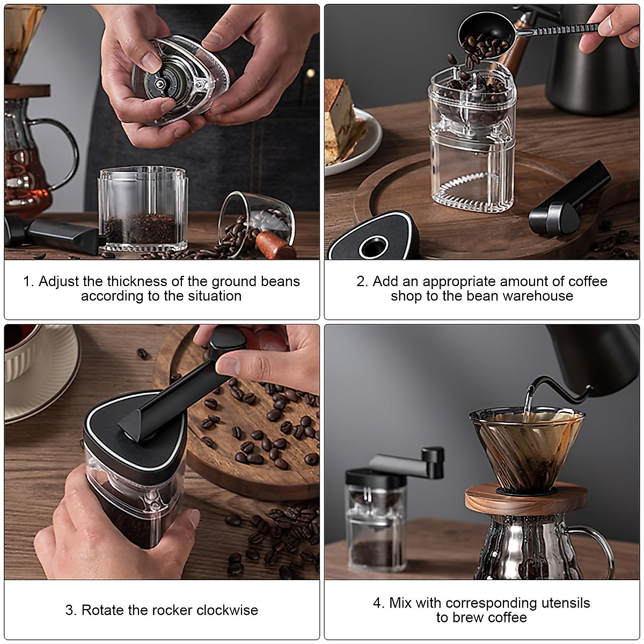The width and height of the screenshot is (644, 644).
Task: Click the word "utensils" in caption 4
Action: click(x=563, y=603)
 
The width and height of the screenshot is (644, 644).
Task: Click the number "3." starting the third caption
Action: click(x=71, y=610)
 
